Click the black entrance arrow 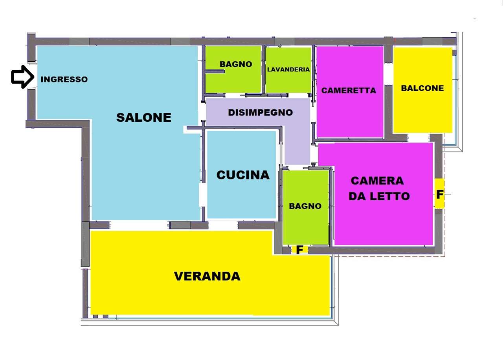tap(22, 77)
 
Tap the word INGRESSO tap(64, 79)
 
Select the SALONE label tap(144, 117)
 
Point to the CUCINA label tap(243, 175)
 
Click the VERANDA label tap(207, 276)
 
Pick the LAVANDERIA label tap(288, 69)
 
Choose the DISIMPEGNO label tap(260, 113)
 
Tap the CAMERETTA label tap(349, 91)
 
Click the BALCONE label tap(422, 88)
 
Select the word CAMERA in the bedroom tap(377, 181)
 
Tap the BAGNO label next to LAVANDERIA tap(235, 64)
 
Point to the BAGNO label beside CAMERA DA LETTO tap(305, 206)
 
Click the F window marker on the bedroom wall tap(440, 194)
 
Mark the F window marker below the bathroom tap(299, 250)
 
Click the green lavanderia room tap(288, 81)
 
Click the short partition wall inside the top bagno tap(215, 71)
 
